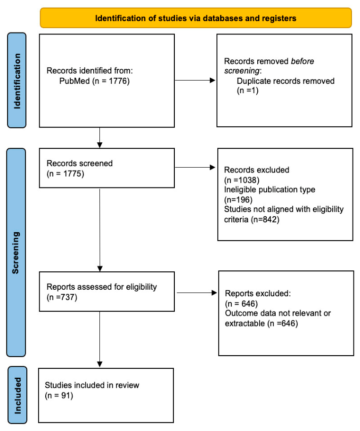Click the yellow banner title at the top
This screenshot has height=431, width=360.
click(196, 18)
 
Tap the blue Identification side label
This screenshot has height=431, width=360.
click(17, 81)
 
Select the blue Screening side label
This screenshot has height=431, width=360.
click(16, 252)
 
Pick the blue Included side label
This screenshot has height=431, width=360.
click(17, 395)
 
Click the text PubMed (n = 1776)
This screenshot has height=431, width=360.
click(94, 81)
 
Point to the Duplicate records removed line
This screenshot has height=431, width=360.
click(286, 81)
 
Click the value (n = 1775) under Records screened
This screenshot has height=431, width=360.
click(65, 174)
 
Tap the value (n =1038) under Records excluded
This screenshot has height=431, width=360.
click(242, 180)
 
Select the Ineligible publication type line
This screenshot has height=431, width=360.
click(270, 190)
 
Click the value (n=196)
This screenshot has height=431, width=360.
click(238, 200)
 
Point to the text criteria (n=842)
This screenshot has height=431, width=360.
click(252, 220)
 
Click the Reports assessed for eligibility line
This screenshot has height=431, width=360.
click(102, 287)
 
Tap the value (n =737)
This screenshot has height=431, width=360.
click(62, 297)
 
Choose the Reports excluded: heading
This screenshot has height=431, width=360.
click(258, 293)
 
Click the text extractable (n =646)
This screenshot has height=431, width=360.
click(261, 323)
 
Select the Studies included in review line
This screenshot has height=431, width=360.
click(92, 385)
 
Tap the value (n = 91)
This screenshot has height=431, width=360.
click(59, 396)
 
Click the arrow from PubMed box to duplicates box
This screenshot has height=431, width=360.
click(195, 80)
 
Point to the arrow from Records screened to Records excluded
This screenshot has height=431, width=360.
click(195, 167)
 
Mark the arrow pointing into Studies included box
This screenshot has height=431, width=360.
click(100, 339)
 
